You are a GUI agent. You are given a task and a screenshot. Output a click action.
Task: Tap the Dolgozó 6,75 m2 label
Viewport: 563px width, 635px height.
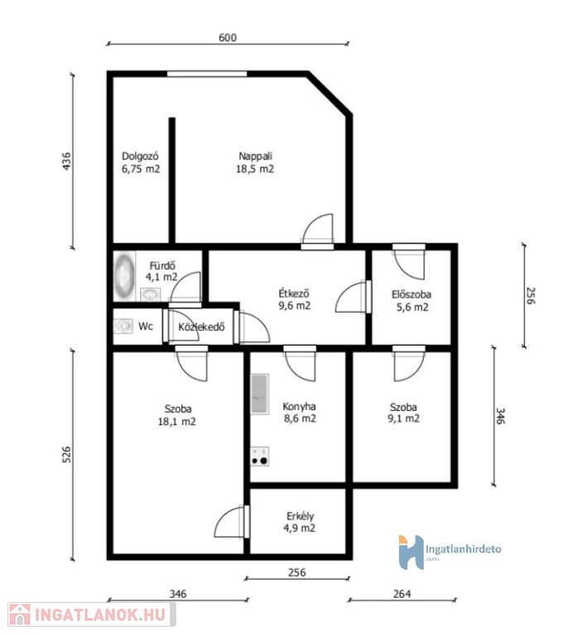pos(141,162)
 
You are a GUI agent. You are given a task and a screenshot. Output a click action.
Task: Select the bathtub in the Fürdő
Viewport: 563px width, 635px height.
pos(124,276)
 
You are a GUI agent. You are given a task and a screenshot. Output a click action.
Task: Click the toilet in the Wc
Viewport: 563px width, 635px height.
pos(123,326)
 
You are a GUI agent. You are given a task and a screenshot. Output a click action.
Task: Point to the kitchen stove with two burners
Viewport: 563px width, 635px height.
pos(260,456)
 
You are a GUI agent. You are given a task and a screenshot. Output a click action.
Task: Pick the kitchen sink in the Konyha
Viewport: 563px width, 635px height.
pos(260,394)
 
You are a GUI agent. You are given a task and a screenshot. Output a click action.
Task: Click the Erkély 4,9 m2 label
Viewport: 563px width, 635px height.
pos(300,522)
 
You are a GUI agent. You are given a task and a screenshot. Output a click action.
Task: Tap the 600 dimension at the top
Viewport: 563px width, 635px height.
pos(228,38)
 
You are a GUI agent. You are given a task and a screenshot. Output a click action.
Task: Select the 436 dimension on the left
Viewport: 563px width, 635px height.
pos(67,161)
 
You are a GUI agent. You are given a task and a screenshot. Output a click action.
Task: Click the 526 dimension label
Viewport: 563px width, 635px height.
pos(67,455)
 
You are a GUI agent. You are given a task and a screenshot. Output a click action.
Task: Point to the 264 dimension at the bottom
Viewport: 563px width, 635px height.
pos(402,594)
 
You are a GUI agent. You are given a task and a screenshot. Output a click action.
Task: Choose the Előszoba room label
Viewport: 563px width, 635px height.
pos(411,294)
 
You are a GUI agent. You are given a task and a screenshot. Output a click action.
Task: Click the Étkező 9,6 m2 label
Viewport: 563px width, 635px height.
pos(295,299)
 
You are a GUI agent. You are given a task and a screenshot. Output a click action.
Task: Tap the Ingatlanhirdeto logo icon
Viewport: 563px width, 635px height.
pos(411,552)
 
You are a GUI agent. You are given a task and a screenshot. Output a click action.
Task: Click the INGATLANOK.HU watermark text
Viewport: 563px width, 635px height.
pos(100,614)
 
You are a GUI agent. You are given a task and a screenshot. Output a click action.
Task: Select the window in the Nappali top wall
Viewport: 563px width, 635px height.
pos(207,74)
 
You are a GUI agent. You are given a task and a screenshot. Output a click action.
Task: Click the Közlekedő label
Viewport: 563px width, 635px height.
pos(201,327)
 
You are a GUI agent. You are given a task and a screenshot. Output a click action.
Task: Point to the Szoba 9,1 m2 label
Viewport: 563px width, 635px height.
pos(403,413)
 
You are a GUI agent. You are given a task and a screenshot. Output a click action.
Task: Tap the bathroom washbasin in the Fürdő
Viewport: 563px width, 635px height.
pos(151,294)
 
